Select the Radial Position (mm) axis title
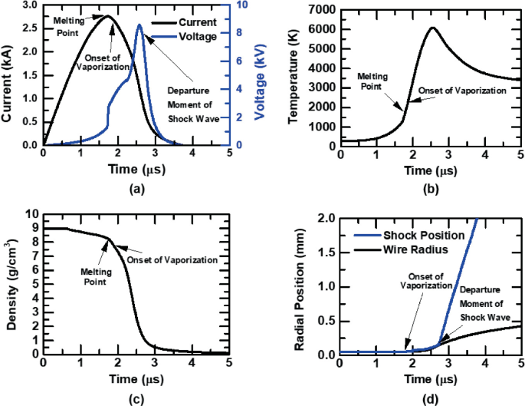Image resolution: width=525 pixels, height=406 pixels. [302, 286]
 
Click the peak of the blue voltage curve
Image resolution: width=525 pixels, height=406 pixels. [139, 25]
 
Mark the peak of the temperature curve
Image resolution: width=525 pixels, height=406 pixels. [432, 28]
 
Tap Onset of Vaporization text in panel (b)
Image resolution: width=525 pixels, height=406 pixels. [462, 90]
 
